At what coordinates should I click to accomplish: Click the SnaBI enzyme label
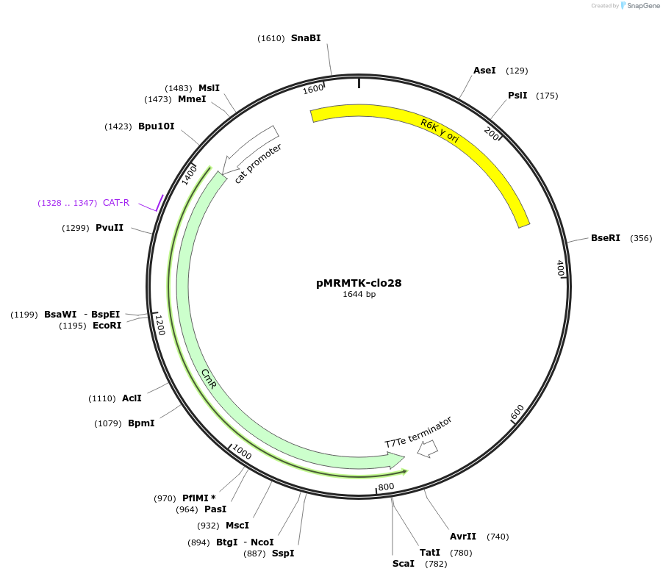(306, 38)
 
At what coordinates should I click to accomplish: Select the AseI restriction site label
(484, 71)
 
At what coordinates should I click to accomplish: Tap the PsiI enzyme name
(517, 96)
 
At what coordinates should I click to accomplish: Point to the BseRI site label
(606, 238)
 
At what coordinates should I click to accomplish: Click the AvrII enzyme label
(463, 537)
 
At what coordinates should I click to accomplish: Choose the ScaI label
(404, 564)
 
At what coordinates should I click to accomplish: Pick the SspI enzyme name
(283, 553)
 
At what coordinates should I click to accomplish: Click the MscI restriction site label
(237, 525)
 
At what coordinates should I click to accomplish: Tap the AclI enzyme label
(132, 398)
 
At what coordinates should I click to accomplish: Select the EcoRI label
(107, 326)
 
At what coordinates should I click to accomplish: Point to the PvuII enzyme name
(110, 228)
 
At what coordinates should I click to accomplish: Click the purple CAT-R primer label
(116, 203)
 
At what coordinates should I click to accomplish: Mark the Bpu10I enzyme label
(157, 126)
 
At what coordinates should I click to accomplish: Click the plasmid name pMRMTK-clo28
(359, 282)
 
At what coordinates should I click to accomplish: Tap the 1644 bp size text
(359, 295)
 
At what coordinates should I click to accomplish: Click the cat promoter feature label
(258, 163)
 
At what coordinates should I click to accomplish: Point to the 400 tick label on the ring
(560, 268)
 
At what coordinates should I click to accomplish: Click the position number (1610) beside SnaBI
(270, 38)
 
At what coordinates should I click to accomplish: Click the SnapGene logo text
(641, 6)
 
